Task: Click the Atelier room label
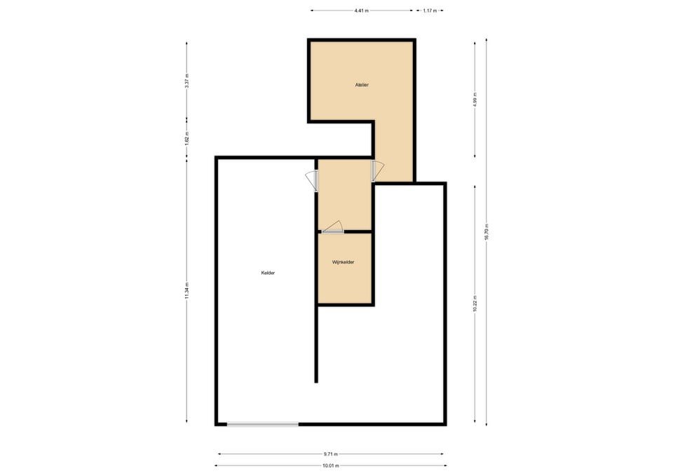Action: pos(362,85)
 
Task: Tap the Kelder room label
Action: pos(268,273)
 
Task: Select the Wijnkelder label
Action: pos(344,262)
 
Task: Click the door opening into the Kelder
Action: pos(312,181)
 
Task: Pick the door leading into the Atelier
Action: pos(377,170)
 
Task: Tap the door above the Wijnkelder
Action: pos(333,228)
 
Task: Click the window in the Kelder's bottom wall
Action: pos(263,423)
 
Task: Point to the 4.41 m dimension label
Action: pos(362,11)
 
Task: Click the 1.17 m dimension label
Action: pos(429,11)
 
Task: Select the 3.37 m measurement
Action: pos(186,80)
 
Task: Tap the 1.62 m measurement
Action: pos(186,139)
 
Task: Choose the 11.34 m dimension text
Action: pos(186,291)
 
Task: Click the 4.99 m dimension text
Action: pos(475,99)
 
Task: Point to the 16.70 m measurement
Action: pos(487,232)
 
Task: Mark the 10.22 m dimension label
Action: pos(475,304)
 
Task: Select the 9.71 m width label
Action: pos(331,454)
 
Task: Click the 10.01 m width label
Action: pos(331,465)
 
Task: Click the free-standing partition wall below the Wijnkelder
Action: pos(317,344)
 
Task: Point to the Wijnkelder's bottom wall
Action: pos(345,304)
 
